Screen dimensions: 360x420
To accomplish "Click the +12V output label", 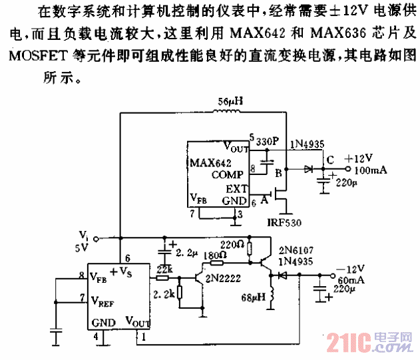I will click(x=359, y=159).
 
